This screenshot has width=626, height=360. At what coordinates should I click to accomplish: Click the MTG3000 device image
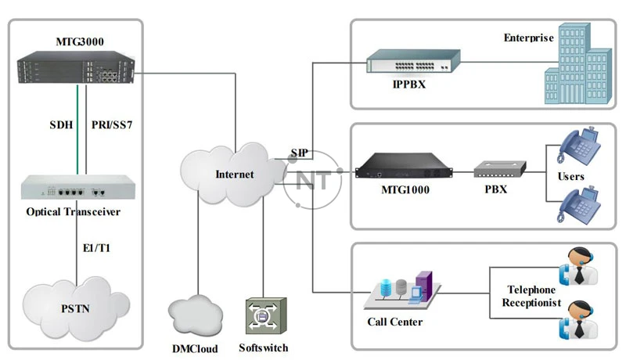point(77,69)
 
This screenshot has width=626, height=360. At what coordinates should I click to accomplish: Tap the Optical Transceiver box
point(75,189)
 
